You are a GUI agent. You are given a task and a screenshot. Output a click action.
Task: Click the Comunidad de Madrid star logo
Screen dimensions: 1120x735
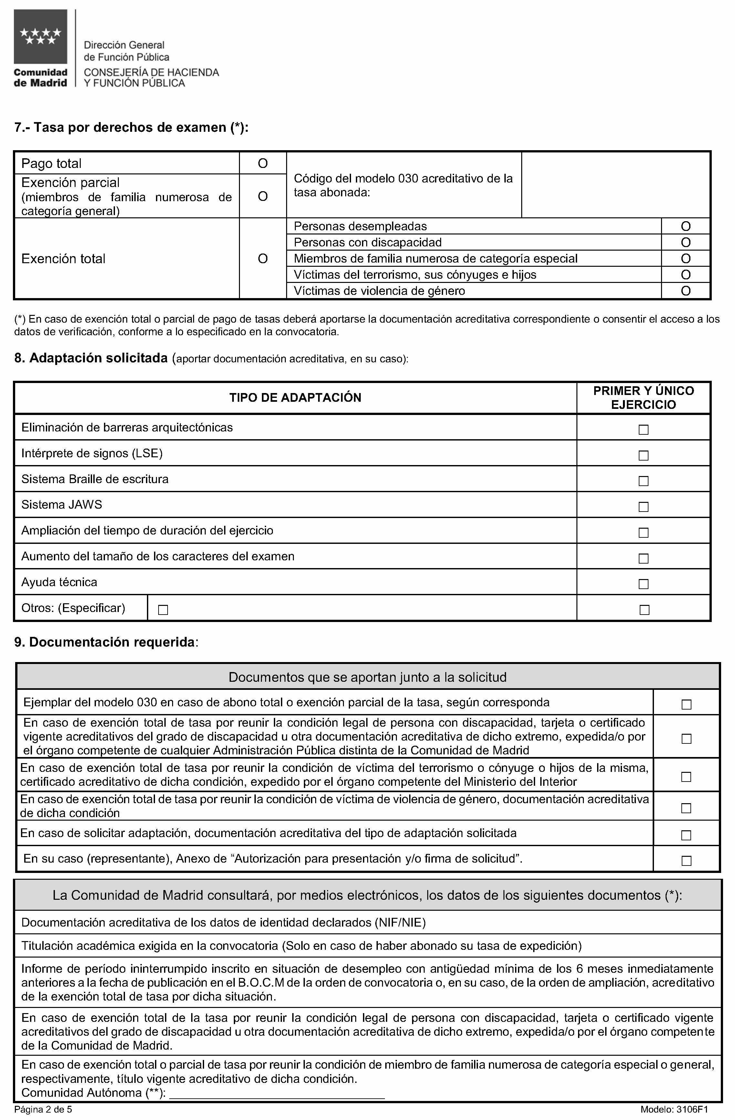pyautogui.click(x=40, y=37)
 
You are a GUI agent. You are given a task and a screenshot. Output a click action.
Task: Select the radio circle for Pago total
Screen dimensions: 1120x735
pyautogui.click(x=263, y=163)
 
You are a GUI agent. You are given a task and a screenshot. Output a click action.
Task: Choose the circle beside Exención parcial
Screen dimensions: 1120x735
pyautogui.click(x=263, y=196)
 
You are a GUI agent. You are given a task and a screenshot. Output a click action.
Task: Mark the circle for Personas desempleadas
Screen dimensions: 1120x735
pyautogui.click(x=686, y=226)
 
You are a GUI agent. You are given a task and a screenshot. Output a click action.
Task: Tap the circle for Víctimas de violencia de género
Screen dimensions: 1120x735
pyautogui.click(x=686, y=291)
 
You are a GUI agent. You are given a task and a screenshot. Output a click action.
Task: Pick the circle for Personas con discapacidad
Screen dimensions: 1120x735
pyautogui.click(x=686, y=242)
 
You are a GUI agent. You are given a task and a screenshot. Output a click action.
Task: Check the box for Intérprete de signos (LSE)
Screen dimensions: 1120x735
pyautogui.click(x=643, y=456)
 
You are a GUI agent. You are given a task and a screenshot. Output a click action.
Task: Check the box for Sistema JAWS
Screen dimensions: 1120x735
pyautogui.click(x=643, y=507)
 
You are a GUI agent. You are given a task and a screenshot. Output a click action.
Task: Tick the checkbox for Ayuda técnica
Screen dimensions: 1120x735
pyautogui.click(x=643, y=584)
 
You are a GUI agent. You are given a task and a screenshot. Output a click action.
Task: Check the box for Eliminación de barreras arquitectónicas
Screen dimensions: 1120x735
pyautogui.click(x=643, y=430)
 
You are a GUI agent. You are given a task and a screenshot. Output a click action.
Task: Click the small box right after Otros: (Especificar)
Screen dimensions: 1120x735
pyautogui.click(x=163, y=610)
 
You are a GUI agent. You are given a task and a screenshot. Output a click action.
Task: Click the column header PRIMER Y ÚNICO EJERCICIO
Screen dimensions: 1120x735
pyautogui.click(x=643, y=398)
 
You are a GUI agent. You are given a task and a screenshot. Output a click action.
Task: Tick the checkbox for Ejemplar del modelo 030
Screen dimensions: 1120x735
pyautogui.click(x=686, y=704)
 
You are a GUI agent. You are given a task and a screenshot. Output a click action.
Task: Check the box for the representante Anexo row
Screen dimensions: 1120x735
pyautogui.click(x=686, y=861)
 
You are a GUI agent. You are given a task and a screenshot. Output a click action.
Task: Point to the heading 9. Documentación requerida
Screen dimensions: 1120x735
pyautogui.click(x=106, y=642)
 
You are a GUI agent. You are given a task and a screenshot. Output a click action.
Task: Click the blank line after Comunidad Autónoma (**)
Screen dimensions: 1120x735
pyautogui.click(x=277, y=1093)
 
